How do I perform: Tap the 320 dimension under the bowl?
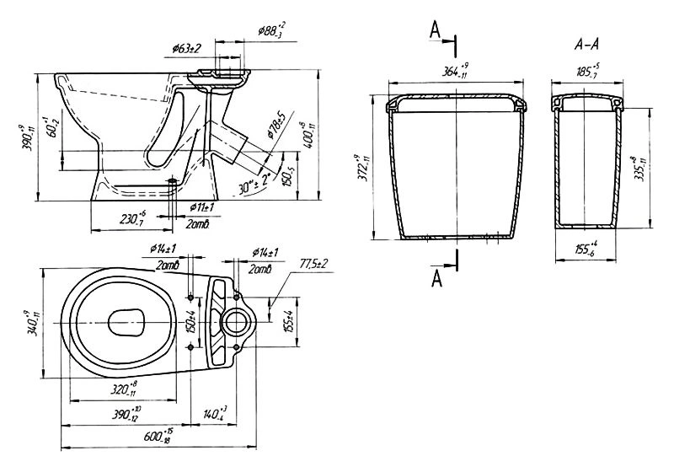click(x=123, y=389)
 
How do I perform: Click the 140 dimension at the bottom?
click(x=214, y=414)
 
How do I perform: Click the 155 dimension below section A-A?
click(x=585, y=250)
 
